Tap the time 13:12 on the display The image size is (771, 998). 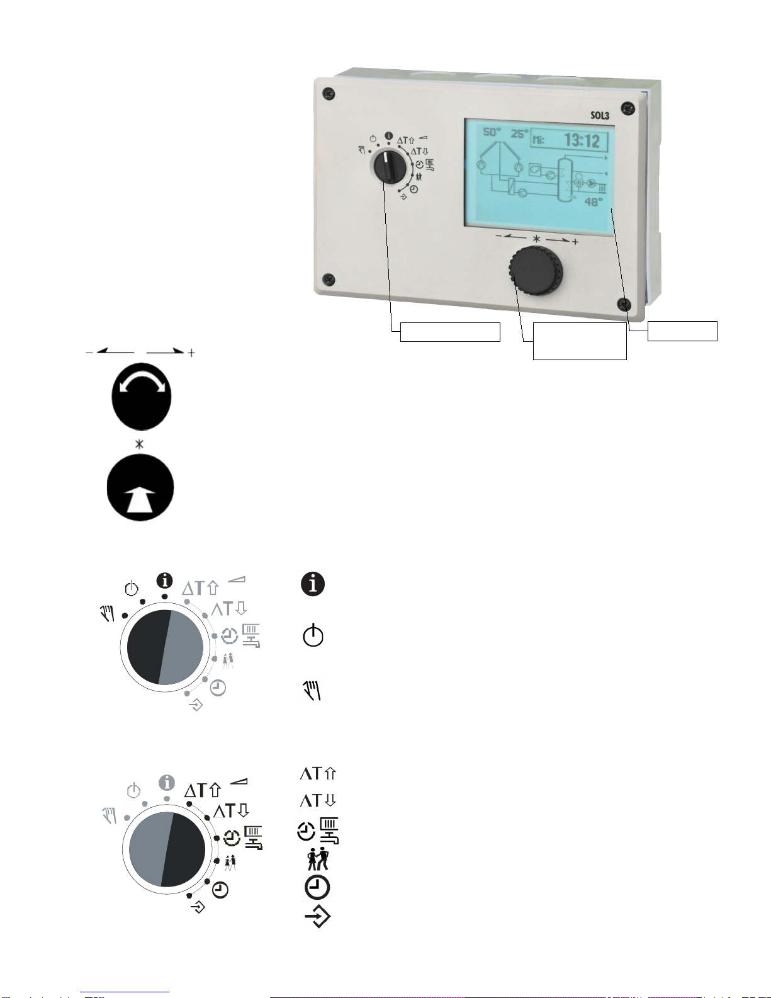click(x=582, y=140)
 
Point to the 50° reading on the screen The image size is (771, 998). click(x=492, y=132)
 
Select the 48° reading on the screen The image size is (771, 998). click(x=593, y=202)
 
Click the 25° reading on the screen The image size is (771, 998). click(x=519, y=133)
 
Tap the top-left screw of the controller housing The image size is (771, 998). click(x=329, y=94)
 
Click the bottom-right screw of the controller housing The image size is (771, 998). click(x=624, y=304)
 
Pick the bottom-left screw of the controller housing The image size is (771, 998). click(x=328, y=279)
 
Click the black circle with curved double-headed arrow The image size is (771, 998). click(x=141, y=397)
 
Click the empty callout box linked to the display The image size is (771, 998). click(x=682, y=331)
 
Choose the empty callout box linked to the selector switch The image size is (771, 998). click(x=450, y=332)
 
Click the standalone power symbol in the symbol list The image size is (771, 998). click(x=313, y=635)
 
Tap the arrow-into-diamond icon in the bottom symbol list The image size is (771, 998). click(x=318, y=917)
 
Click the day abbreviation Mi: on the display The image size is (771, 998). click(x=539, y=140)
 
